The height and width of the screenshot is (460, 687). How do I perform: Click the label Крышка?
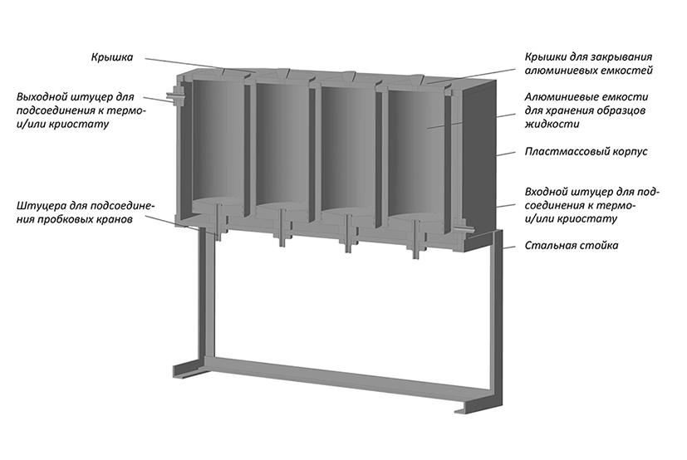pos(112,57)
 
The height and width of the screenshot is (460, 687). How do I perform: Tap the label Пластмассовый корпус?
pos(586,152)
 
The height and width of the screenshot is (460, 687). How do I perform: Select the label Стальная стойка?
pos(572,245)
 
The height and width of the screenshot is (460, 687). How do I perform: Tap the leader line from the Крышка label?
pos(200,65)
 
